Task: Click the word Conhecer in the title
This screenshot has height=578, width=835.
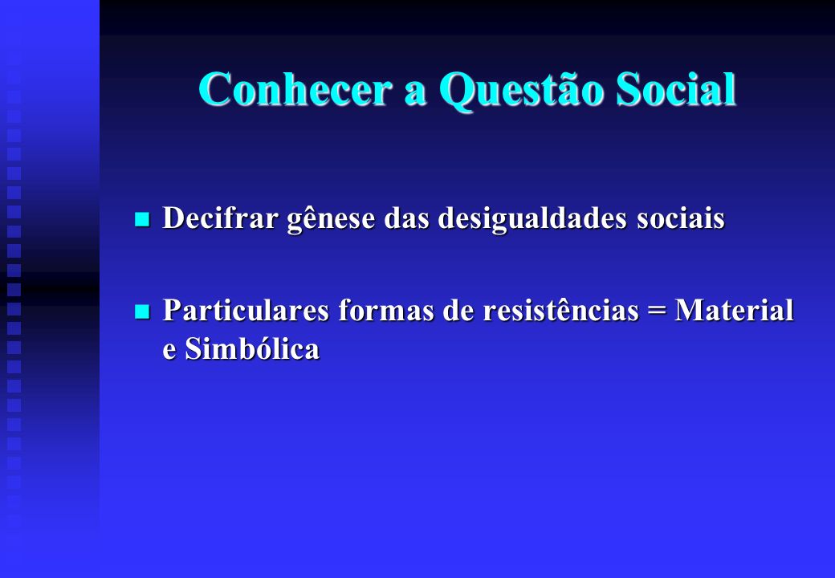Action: (295, 88)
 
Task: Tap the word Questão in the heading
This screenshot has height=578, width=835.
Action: (521, 90)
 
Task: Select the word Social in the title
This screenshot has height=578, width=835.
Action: (676, 88)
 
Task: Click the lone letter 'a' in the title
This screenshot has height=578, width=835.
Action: (415, 94)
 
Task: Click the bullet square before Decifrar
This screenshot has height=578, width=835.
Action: (142, 219)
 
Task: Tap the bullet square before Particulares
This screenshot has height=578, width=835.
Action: (142, 311)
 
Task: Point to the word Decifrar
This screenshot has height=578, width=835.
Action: (220, 217)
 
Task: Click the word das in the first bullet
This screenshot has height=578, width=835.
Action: (407, 217)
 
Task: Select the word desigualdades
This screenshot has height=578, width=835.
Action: (532, 219)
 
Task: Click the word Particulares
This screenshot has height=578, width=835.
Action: (246, 310)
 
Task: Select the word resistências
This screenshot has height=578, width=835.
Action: (560, 310)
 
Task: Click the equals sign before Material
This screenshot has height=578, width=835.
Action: (657, 311)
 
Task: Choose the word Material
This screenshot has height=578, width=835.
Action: (735, 310)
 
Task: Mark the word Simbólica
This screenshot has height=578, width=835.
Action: (252, 348)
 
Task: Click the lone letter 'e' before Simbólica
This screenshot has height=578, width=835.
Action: (169, 352)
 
